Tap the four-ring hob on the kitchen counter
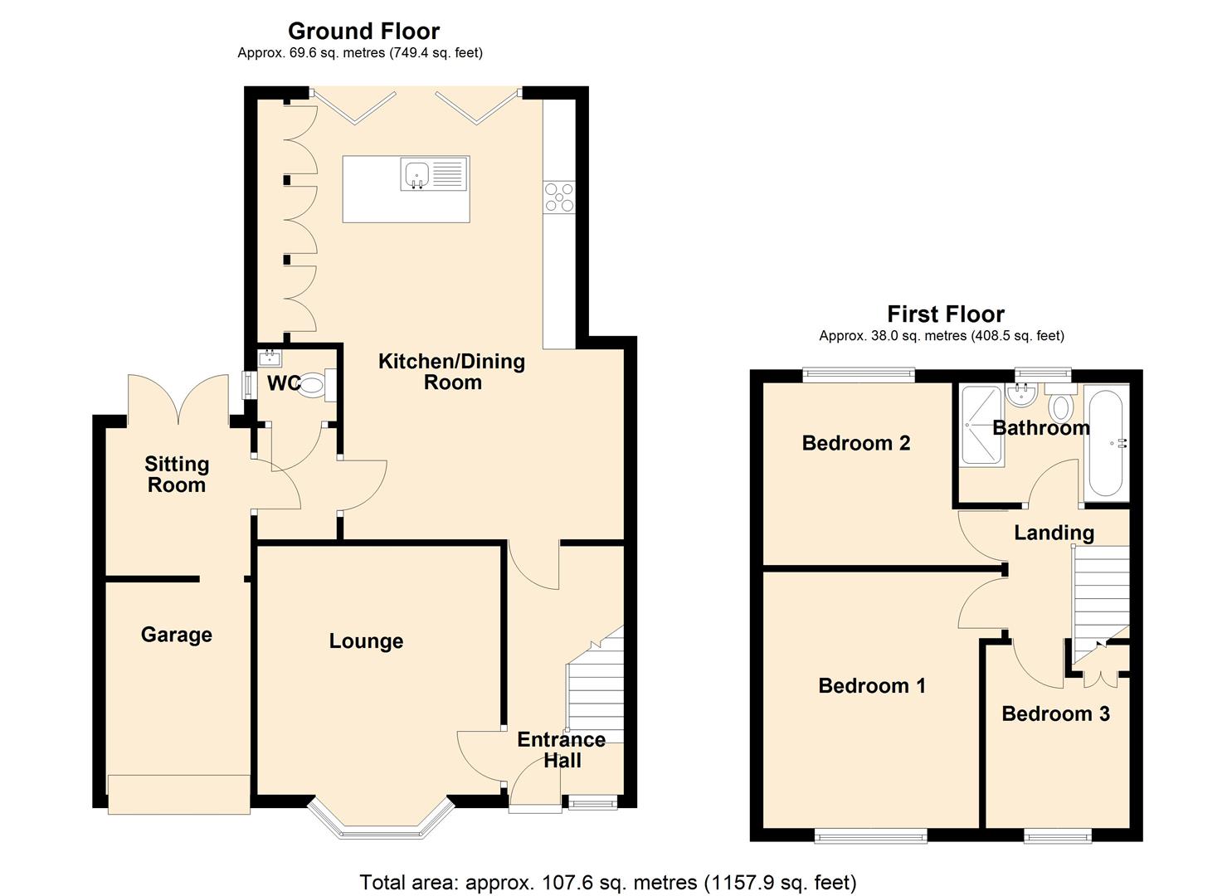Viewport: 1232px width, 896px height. [x=558, y=197]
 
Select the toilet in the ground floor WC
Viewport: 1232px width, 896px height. [x=314, y=385]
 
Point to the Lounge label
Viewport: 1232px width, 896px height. [x=366, y=641]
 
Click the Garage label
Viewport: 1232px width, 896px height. [x=176, y=635]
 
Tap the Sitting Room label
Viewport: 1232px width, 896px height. [x=176, y=475]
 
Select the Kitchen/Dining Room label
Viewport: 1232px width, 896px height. [x=451, y=372]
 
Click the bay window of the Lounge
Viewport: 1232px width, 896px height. [x=382, y=826]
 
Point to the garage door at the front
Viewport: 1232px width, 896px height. [x=178, y=794]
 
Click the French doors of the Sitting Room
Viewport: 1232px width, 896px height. [x=178, y=402]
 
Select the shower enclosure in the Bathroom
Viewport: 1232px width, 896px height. [x=981, y=427]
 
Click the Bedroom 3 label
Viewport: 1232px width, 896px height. [x=1055, y=714]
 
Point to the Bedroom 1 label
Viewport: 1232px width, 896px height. [x=871, y=686]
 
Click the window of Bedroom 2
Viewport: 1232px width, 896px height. [x=858, y=375]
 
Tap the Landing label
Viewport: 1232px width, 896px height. [x=1054, y=533]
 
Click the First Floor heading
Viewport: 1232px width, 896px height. [x=945, y=314]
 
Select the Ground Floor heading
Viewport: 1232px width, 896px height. [x=363, y=32]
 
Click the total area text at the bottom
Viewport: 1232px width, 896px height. [x=607, y=882]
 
